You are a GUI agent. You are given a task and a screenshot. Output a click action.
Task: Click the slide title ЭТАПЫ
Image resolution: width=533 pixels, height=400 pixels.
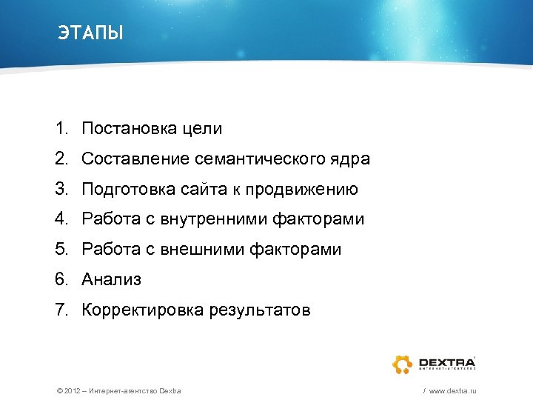click(x=90, y=33)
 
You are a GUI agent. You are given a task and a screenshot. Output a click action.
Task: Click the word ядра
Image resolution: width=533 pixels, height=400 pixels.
click(x=349, y=159)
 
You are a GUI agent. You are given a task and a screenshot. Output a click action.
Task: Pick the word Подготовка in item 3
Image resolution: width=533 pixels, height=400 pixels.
click(x=128, y=190)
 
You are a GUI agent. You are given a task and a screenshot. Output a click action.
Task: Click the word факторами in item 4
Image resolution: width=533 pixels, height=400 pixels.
click(x=319, y=219)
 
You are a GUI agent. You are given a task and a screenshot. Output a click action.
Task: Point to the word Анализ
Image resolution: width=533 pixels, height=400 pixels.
click(x=111, y=280)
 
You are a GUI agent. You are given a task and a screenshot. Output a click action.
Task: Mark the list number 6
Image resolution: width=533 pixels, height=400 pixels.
click(x=61, y=280)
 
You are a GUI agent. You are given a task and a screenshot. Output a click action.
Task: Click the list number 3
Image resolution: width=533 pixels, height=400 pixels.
click(x=61, y=190)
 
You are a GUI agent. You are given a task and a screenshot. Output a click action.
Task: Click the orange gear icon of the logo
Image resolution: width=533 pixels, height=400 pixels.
click(x=403, y=364)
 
